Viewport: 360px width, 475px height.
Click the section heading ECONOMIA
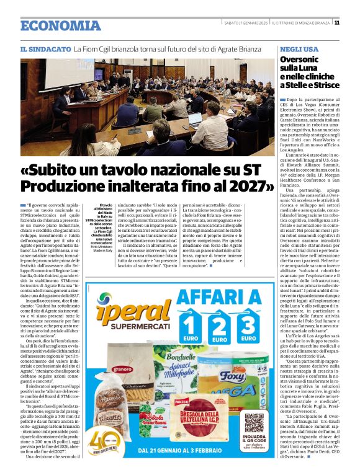60,25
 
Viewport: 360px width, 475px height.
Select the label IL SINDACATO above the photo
45,48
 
